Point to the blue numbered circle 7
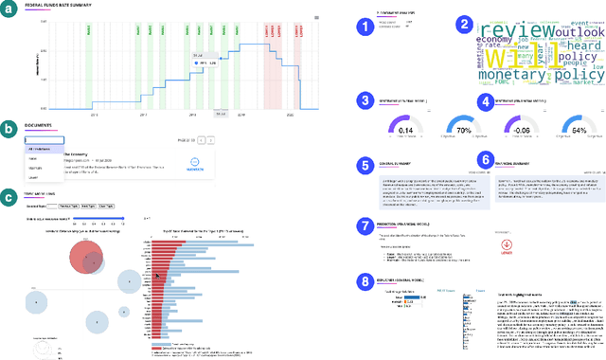(365, 225)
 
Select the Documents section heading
(40, 125)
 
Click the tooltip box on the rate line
(201, 59)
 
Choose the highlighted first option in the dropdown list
(44, 150)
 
